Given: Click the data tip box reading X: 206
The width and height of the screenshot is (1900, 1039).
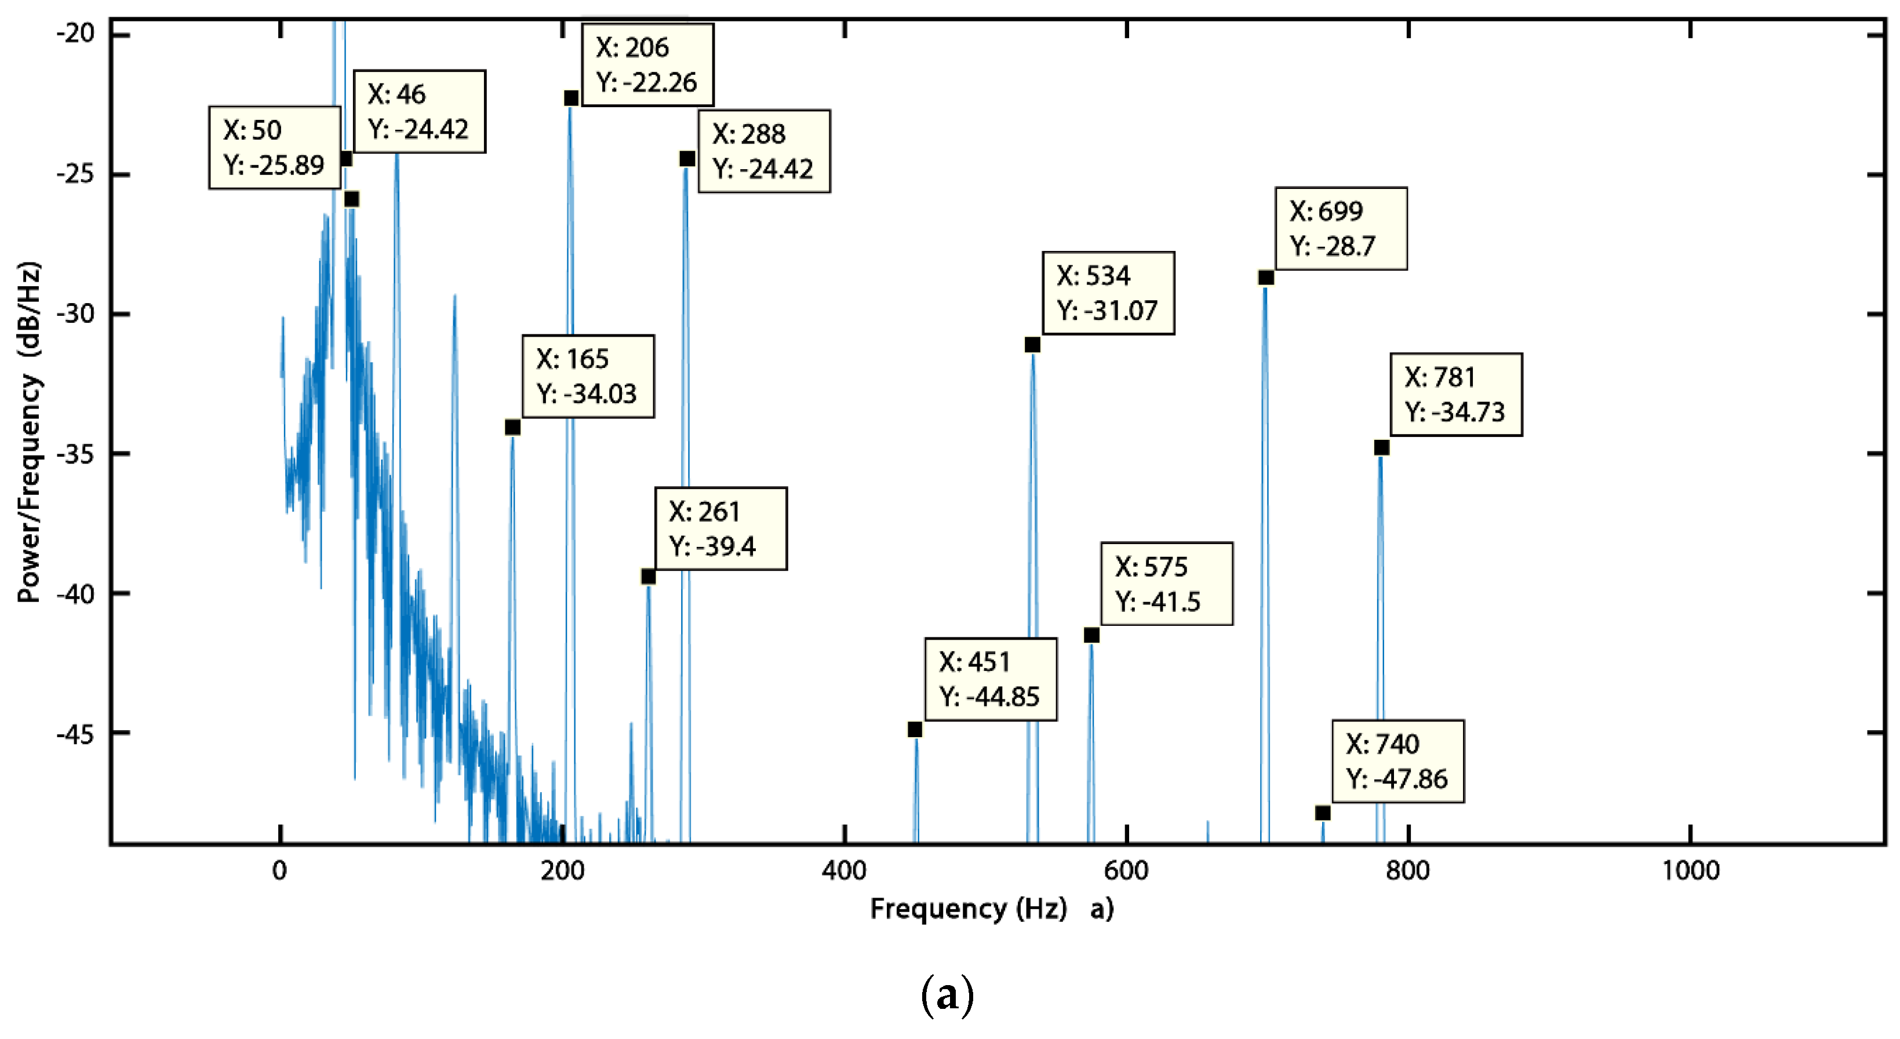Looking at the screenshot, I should click(647, 65).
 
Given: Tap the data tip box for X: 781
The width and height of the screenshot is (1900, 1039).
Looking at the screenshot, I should click(1455, 395).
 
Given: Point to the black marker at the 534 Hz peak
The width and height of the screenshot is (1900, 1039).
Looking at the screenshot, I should click(1033, 345).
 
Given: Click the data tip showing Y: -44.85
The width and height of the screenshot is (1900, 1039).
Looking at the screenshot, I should click(990, 679).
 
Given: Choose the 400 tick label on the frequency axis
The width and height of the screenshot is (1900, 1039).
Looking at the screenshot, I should click(844, 871).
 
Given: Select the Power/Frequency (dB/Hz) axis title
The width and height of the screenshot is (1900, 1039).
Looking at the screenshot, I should click(30, 432).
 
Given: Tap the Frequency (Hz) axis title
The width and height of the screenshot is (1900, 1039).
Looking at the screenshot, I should click(968, 909).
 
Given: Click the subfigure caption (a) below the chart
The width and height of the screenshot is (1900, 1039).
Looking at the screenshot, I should click(948, 996).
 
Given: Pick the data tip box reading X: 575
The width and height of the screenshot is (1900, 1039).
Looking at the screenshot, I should click(1166, 584).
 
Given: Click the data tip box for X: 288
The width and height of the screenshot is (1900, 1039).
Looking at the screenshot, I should click(764, 151).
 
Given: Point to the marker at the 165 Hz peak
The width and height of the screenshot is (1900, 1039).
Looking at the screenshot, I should click(512, 428).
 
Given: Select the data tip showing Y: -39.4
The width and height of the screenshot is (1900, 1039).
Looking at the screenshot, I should click(720, 528).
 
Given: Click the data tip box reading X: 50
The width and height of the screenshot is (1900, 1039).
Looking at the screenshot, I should click(274, 148).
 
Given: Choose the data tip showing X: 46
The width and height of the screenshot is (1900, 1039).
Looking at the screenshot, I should click(419, 111).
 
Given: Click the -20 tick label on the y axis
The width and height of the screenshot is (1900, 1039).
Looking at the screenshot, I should click(76, 33).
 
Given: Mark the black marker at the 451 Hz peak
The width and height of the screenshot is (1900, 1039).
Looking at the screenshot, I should click(915, 730).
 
